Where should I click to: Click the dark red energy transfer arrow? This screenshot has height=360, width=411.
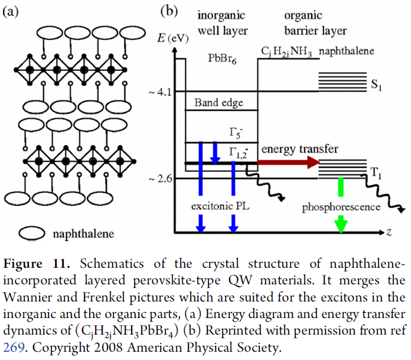(x=288, y=163)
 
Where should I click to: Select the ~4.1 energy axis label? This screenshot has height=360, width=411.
(x=160, y=92)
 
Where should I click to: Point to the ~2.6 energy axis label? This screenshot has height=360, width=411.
(x=160, y=179)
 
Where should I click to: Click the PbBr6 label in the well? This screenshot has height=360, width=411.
(x=222, y=59)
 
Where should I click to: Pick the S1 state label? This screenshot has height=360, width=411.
(x=376, y=85)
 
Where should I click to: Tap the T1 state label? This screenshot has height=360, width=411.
(x=376, y=173)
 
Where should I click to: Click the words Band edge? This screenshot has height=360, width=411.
(x=218, y=103)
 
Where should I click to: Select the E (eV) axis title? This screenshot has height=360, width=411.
(x=173, y=38)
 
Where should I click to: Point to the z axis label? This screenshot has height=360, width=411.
(x=389, y=232)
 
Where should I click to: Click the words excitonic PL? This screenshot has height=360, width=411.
(x=220, y=206)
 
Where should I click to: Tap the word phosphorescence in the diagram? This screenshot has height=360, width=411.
(x=341, y=207)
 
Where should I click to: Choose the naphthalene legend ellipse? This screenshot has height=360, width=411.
(x=32, y=233)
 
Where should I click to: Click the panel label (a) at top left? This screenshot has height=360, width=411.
(x=11, y=12)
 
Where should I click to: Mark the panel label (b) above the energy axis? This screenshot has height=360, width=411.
(x=169, y=11)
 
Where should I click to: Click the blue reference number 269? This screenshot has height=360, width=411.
(x=14, y=348)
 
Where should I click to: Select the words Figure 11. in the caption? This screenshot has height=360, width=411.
(x=37, y=264)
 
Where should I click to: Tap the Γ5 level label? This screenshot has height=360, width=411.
(x=236, y=132)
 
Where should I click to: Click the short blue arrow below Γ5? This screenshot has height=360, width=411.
(x=215, y=153)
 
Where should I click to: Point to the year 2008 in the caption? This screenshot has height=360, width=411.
(x=108, y=348)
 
